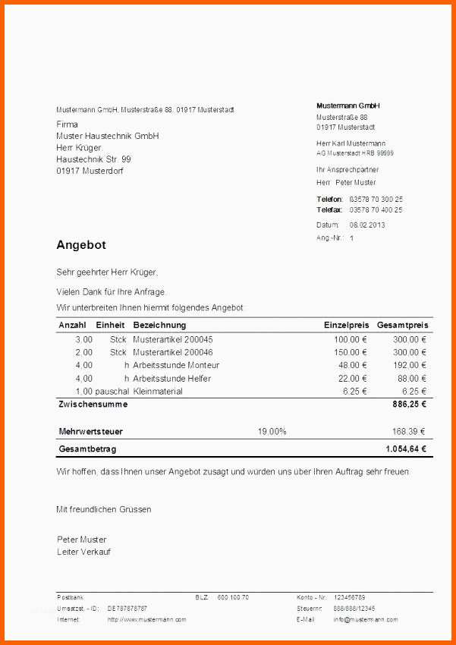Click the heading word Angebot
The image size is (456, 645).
pos(81,245)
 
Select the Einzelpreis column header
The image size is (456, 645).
pos(345,325)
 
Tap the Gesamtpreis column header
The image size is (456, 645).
pos(402,325)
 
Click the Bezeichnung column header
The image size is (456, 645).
pos(159,325)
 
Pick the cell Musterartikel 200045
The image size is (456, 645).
pos(173,339)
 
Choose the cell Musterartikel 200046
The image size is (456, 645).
pos(173,352)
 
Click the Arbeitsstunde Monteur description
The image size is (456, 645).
pos(176,365)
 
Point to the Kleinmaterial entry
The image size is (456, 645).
pos(158,392)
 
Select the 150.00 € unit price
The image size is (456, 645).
pos(351,352)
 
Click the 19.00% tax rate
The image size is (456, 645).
pos(272,431)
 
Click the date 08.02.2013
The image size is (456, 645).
pos(367,225)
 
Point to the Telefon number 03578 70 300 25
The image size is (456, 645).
pos(376,199)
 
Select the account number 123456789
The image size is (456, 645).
pos(349,597)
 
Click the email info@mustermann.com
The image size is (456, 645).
pos(365,619)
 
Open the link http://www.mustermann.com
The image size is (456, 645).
pos(146,619)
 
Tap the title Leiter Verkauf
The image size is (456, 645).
pos(83,552)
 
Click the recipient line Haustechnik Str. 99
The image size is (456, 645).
pos(93,159)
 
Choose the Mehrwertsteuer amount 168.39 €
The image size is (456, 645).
pos(408,431)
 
